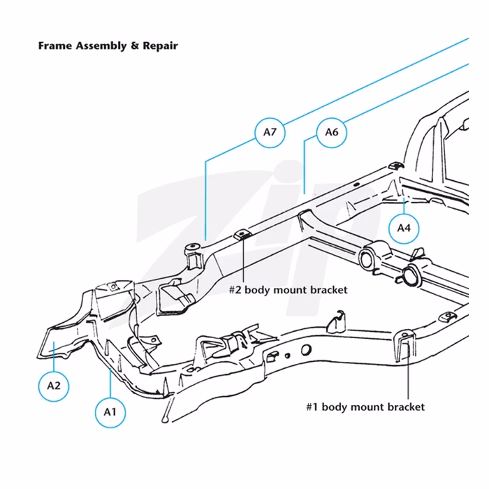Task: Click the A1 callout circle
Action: click(x=110, y=411)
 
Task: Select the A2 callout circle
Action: click(x=53, y=384)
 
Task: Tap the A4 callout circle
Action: click(x=404, y=227)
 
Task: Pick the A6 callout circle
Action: click(x=332, y=133)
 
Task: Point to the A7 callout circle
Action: click(x=270, y=131)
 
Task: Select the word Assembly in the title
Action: click(x=102, y=46)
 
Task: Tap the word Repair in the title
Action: click(x=161, y=46)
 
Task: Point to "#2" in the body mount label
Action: click(x=236, y=289)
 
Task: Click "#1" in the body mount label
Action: click(x=313, y=407)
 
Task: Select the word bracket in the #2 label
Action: click(x=328, y=289)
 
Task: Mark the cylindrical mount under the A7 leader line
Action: click(x=194, y=253)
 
